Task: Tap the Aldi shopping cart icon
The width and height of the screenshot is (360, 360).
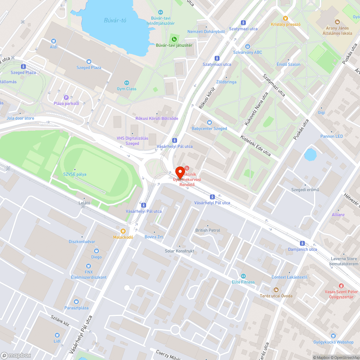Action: [54, 41]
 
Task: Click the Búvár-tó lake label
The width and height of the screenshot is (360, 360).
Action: [115, 20]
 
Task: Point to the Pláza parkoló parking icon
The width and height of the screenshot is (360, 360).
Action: [66, 97]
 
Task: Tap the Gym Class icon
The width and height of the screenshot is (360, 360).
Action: [126, 82]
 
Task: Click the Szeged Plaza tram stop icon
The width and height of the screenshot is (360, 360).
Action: [23, 66]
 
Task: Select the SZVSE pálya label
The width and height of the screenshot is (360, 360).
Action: [75, 174]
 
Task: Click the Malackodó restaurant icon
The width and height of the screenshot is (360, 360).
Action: [123, 231]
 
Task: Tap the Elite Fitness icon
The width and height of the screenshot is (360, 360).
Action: [243, 276]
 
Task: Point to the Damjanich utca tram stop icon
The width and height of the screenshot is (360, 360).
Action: [302, 243]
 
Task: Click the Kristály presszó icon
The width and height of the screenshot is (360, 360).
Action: [285, 18]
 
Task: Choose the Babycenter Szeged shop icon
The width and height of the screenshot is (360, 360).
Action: [209, 122]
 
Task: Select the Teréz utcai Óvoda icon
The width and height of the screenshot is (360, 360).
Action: [276, 290]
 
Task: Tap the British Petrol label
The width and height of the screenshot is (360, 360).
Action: [208, 230]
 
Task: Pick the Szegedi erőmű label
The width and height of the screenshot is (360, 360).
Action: [305, 190]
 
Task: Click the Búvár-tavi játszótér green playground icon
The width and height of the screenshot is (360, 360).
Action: [174, 39]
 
